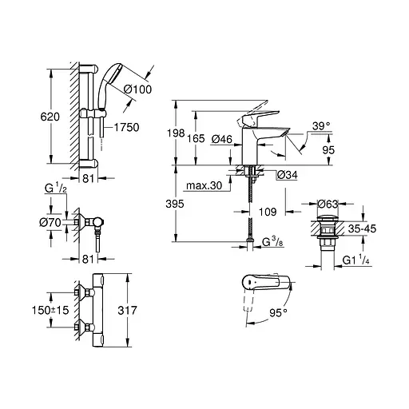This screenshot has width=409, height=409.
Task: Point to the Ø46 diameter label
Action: click(224, 140)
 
